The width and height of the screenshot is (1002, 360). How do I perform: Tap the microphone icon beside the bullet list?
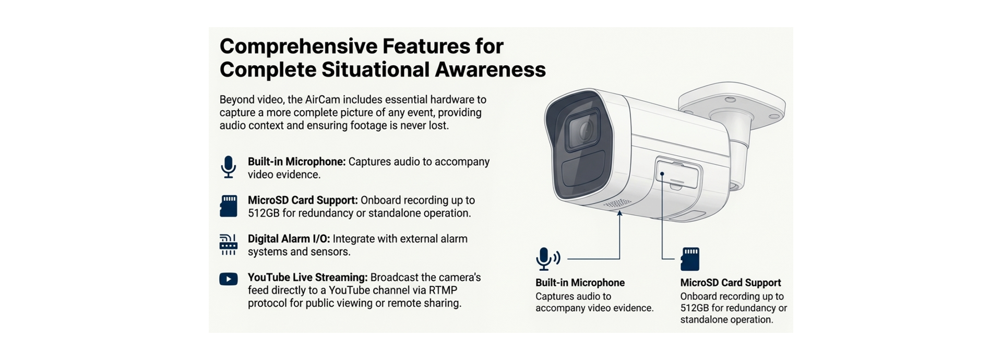tap(228, 167)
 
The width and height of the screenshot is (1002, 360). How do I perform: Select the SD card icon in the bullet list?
tap(228, 206)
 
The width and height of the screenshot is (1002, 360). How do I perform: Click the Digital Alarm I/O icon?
tap(228, 245)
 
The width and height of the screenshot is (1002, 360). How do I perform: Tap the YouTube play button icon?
tap(228, 279)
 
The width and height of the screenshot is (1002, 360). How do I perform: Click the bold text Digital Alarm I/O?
tap(289, 239)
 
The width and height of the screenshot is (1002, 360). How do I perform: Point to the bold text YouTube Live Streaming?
tap(307, 278)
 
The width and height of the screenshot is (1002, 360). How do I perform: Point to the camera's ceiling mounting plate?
tap(733, 104)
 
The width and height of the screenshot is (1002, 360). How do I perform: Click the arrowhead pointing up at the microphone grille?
tap(619, 213)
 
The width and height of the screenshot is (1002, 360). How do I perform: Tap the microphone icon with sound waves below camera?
tap(547, 259)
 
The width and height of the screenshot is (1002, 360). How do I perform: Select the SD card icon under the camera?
tap(690, 259)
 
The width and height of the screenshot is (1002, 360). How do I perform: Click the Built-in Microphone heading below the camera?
tap(580, 283)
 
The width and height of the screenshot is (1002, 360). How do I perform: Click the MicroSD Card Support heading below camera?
tap(730, 283)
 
